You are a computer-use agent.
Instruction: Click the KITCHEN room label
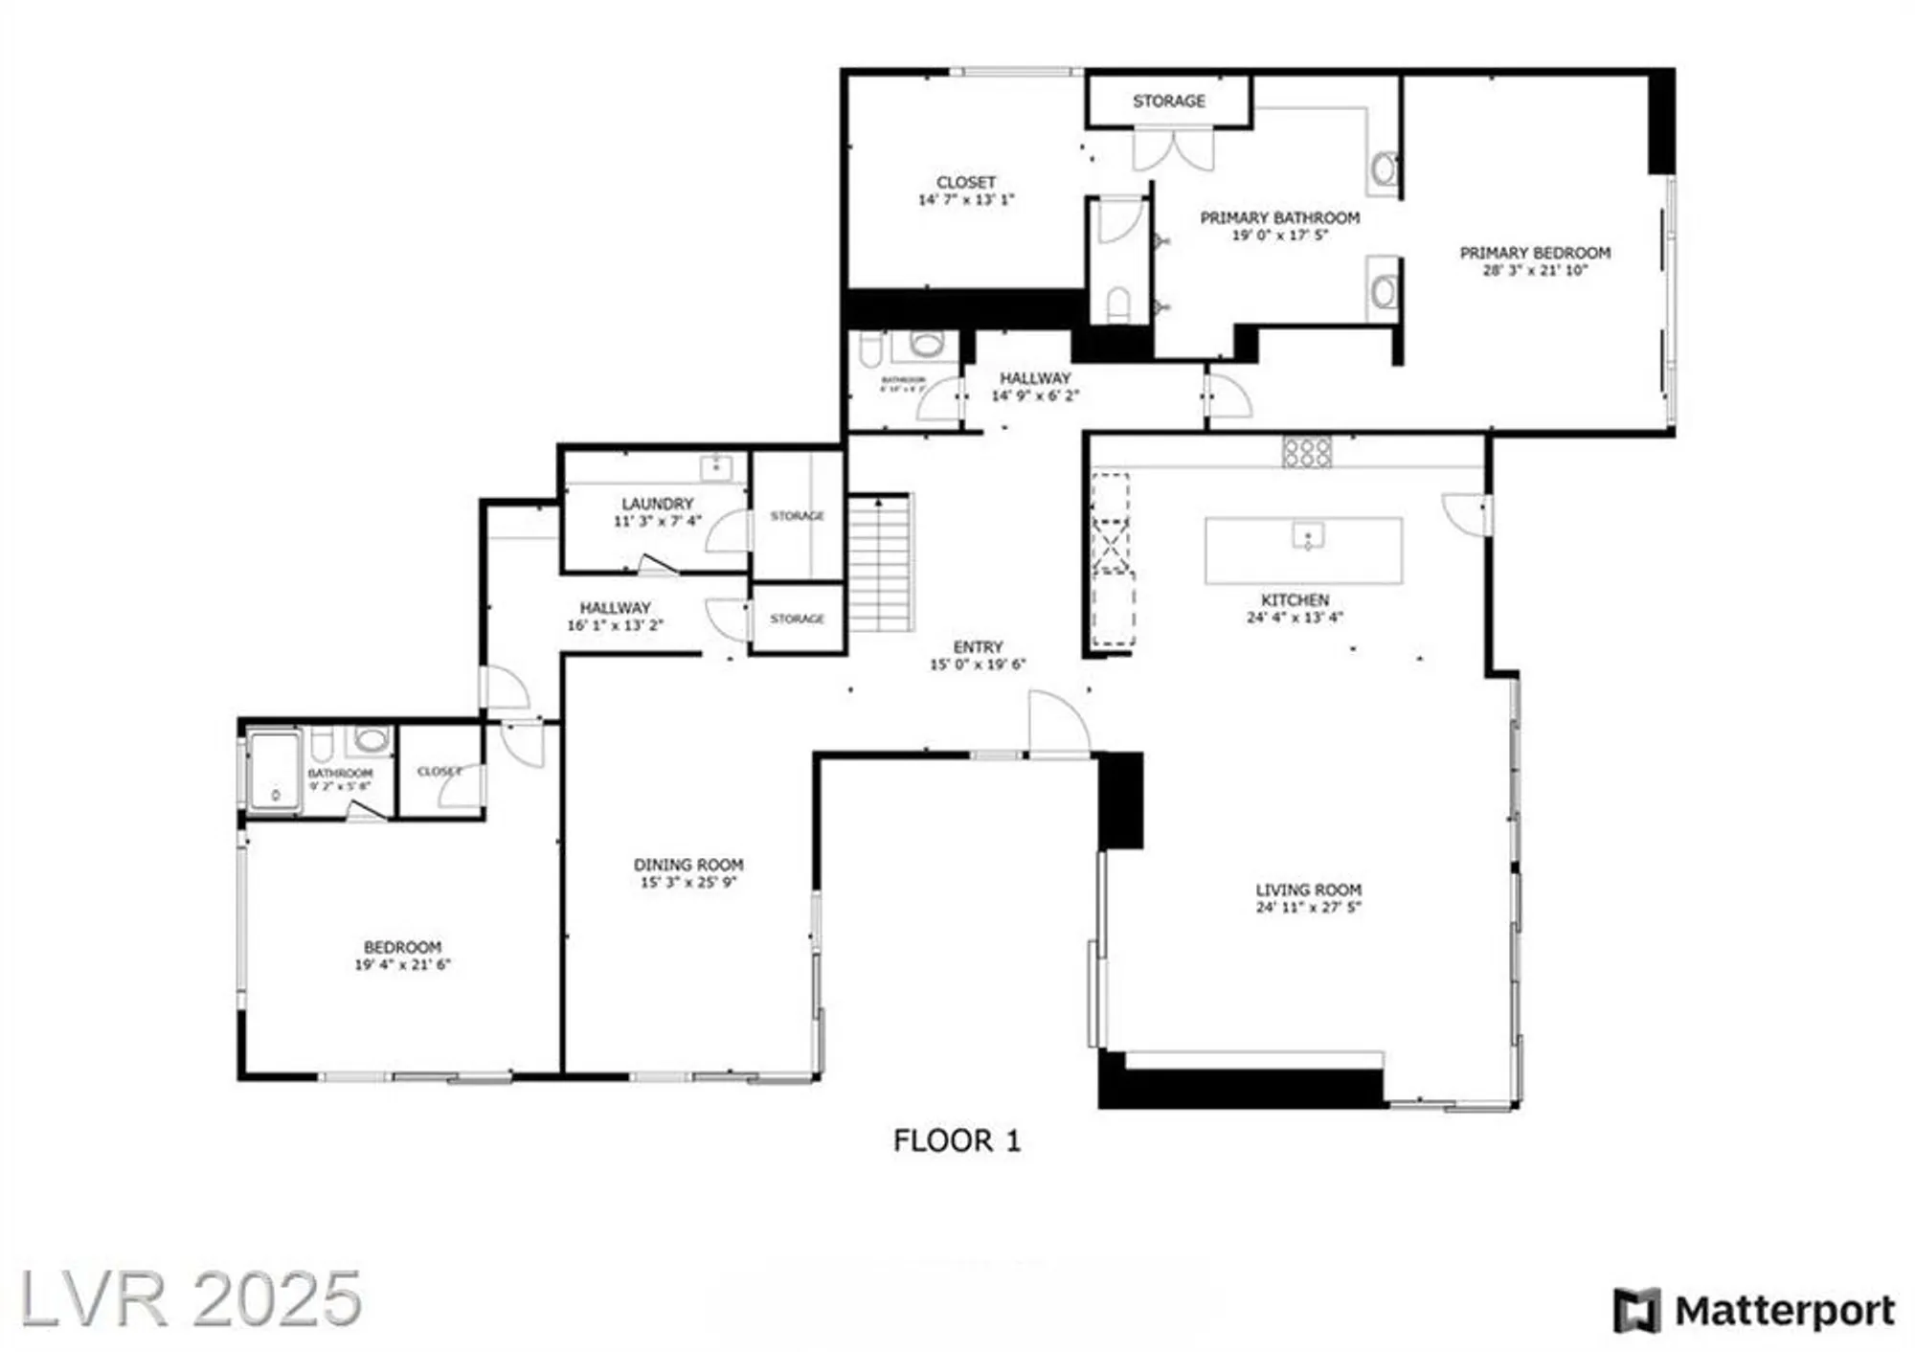point(1295,599)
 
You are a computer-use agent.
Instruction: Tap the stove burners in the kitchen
point(1307,452)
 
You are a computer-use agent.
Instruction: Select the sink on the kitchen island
point(1308,535)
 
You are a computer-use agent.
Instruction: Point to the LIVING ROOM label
point(1308,890)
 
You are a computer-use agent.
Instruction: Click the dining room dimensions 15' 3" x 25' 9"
point(687,882)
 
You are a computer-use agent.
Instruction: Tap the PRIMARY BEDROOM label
point(1534,253)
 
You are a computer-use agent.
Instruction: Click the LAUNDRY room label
point(657,504)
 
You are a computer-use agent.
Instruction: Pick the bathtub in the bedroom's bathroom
point(275,771)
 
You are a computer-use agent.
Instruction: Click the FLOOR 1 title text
point(956,1140)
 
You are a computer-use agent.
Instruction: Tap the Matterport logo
point(1754,1311)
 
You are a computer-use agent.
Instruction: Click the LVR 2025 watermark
point(191,1299)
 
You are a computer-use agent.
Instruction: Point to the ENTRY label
point(978,647)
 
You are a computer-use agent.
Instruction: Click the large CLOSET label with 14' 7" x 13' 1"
point(965,182)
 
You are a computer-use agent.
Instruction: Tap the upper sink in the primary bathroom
point(1383,170)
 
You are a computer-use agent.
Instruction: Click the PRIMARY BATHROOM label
point(1279,218)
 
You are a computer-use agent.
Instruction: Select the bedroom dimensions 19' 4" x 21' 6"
point(402,964)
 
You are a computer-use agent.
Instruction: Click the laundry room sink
point(715,468)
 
